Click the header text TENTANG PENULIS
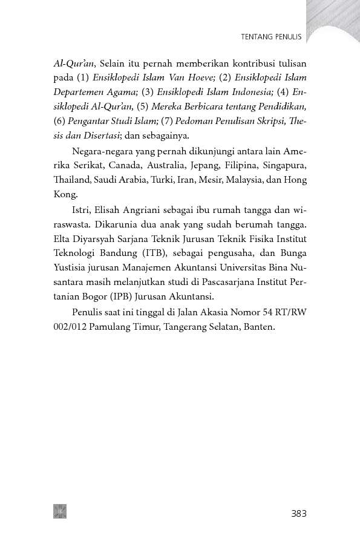tap(271, 37)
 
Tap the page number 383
tap(299, 514)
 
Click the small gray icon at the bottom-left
tap(59, 511)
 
